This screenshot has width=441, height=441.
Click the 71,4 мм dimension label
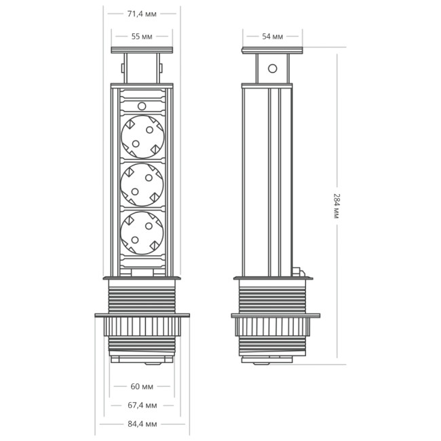[x=142, y=12]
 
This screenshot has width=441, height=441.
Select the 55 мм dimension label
[x=142, y=36]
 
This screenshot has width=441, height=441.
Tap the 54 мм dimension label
[x=273, y=36]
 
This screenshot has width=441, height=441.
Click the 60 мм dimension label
[x=142, y=387]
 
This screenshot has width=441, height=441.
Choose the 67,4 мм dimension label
[x=142, y=405]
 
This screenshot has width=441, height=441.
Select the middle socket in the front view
[x=142, y=184]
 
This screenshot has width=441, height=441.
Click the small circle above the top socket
[x=142, y=106]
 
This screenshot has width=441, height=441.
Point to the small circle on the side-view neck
[x=273, y=69]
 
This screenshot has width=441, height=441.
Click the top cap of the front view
[x=142, y=50]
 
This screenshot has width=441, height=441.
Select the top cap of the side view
[x=273, y=50]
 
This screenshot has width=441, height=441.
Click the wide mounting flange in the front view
[x=142, y=315]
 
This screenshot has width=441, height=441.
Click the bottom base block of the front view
[x=142, y=358]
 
